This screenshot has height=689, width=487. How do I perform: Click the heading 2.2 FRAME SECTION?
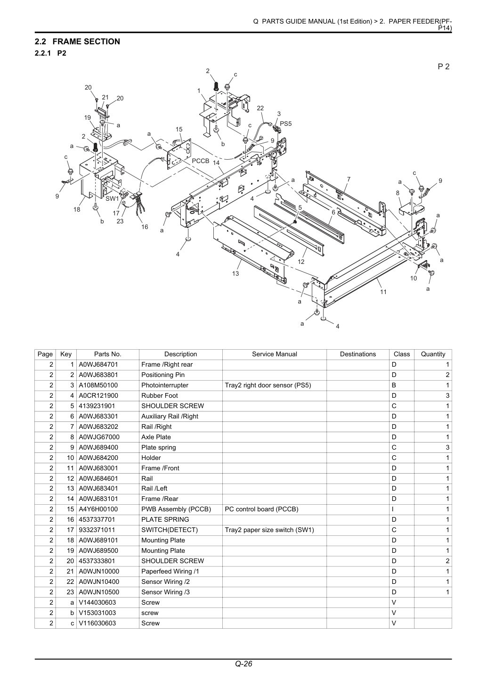pos(77,41)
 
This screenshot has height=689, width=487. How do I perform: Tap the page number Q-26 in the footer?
pos(243,664)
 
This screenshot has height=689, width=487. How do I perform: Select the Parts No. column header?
pos(107,354)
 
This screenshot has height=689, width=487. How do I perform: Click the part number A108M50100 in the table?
pos(98,385)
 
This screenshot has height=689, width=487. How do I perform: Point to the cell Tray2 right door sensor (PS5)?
pos(268,385)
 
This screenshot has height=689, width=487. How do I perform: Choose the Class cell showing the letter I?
pos(393,509)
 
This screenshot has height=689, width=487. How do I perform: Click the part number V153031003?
pos(97,613)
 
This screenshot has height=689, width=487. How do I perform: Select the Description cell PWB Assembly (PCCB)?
pos(176,509)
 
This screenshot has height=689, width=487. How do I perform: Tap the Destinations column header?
pos(358,354)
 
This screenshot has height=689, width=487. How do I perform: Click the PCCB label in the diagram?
pos(201,161)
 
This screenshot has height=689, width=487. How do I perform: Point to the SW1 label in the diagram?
pos(112,199)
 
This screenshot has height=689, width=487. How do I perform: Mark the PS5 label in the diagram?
pos(285,123)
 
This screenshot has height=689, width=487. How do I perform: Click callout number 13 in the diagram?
pos(235,273)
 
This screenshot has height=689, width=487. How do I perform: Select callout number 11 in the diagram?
pos(383,292)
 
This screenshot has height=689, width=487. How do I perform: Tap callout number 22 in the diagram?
pos(260,108)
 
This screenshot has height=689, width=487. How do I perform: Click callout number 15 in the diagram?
pos(179,130)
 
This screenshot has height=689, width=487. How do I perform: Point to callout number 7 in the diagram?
pos(349,179)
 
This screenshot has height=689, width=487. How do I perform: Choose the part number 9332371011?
pos(97,530)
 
